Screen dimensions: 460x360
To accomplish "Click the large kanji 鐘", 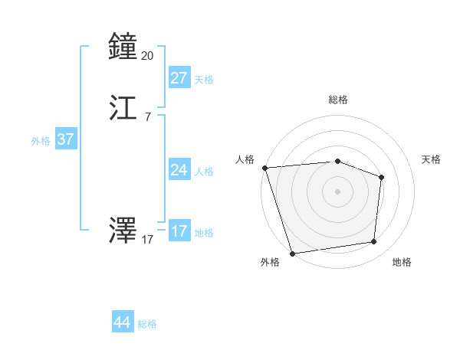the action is click(123, 47).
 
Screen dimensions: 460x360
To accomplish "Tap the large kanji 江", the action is click(123, 109).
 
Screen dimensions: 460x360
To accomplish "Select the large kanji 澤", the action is click(123, 231).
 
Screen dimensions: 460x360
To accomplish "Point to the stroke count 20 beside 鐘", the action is click(148, 56).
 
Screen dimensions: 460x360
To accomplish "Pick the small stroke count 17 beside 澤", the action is click(148, 240).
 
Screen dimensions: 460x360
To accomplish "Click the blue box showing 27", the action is click(179, 78).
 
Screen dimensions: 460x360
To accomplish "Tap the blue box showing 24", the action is click(179, 170).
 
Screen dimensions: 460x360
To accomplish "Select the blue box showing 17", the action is click(179, 231).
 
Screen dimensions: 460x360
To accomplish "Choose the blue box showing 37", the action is click(65, 139).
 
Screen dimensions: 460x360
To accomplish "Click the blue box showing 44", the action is click(123, 322).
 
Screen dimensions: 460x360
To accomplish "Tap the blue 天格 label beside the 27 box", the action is click(204, 80).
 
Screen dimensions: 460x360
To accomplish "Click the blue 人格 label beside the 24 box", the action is click(204, 172).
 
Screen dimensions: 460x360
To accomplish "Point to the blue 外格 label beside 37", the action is click(41, 141).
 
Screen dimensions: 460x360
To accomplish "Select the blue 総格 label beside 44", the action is click(147, 324).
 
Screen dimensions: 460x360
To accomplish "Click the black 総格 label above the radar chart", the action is click(337, 100).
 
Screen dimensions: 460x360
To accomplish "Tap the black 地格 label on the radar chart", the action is click(402, 262).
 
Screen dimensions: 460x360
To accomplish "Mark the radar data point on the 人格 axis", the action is click(264, 168).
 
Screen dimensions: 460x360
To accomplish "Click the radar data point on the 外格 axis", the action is click(292, 253).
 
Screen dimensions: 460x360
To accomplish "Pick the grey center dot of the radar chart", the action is click(337, 191).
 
